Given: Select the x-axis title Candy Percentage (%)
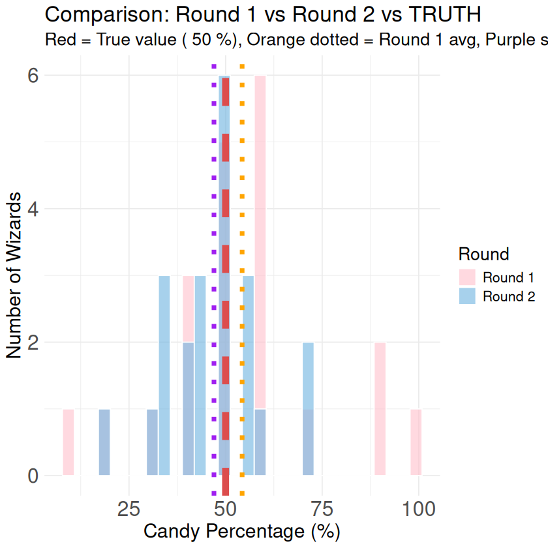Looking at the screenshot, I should tap(241, 531).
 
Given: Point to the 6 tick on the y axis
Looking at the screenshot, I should tap(31, 75).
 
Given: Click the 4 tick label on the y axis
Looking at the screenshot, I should tap(31, 209).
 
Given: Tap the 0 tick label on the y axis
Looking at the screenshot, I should tap(31, 476).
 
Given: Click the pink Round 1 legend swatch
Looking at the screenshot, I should tap(468, 277).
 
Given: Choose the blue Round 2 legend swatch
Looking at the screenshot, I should tap(468, 296).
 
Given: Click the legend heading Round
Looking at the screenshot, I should tap(483, 253).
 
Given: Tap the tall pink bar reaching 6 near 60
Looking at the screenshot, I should tap(260, 241).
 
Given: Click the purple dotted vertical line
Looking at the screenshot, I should tap(214, 261).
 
